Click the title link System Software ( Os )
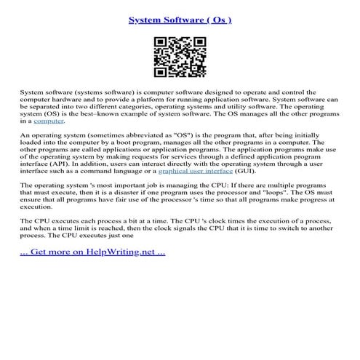click(180, 20)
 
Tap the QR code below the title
click(180, 57)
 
